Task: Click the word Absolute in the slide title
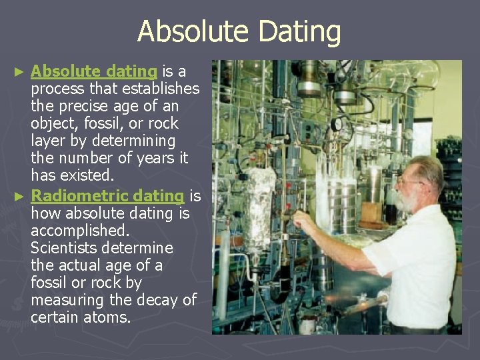coord(184,31)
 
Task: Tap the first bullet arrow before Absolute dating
coord(21,71)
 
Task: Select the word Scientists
coord(63,248)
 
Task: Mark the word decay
coord(157,300)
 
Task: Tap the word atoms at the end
coord(106,317)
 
